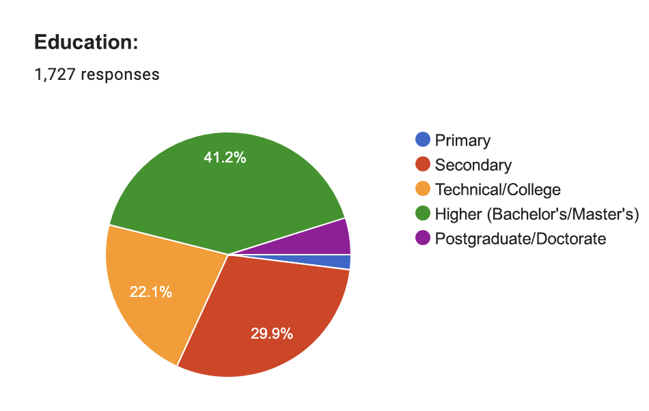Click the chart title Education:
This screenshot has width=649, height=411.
(x=86, y=42)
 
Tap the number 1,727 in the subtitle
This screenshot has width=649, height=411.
(x=55, y=74)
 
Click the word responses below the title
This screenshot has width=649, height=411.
(x=120, y=74)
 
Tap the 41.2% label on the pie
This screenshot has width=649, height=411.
(x=225, y=158)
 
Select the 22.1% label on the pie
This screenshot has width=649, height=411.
(x=151, y=293)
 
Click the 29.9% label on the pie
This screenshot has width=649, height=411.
(x=272, y=334)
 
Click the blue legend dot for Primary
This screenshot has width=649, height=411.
(x=423, y=140)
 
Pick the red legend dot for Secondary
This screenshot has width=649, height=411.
(x=423, y=165)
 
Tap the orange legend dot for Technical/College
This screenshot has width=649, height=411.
(x=423, y=189)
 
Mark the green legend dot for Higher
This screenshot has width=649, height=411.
(x=423, y=214)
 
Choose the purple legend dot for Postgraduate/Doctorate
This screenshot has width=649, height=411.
(x=423, y=238)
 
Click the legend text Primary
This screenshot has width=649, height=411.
(x=462, y=141)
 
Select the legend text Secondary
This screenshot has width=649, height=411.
(x=473, y=165)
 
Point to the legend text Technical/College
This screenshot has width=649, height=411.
(x=497, y=190)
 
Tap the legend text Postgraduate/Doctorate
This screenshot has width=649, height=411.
(x=521, y=239)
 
